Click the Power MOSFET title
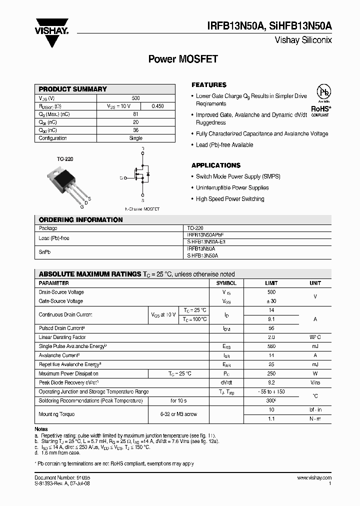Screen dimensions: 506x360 pos(183,59)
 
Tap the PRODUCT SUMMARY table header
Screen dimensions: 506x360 pos(73,89)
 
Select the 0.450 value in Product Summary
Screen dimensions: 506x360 pos(157,106)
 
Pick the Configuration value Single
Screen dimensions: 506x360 pos(136,138)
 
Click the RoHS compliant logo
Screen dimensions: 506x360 pos(320,102)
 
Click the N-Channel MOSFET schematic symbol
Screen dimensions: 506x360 pos(139,177)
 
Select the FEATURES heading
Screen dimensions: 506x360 pos(209,85)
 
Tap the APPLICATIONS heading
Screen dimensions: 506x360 pos(216,165)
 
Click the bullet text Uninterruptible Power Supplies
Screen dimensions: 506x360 pos(232,188)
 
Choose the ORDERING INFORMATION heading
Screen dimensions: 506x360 pos(80,220)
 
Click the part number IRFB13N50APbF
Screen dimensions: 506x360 pos(205,234)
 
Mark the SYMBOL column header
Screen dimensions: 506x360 pos(226,283)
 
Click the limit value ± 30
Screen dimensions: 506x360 pos(271,301)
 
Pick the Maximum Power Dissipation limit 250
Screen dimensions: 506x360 pos(271,373)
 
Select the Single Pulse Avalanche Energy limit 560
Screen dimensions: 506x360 pos(271,346)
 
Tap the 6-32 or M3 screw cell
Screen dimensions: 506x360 pos(178,414)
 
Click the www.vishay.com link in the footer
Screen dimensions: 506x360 pos(313,478)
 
